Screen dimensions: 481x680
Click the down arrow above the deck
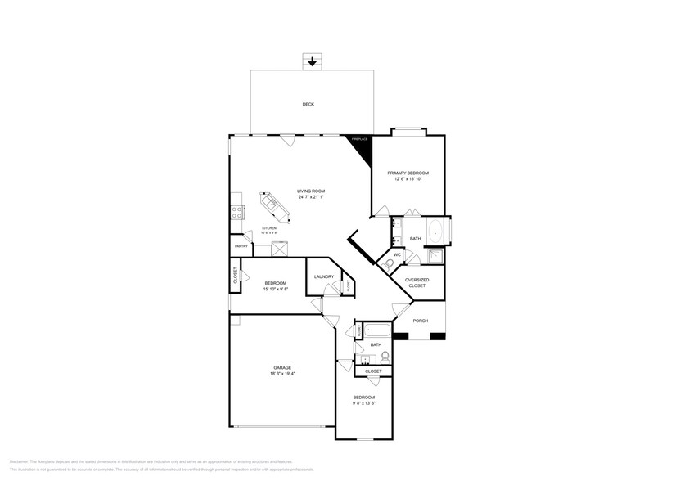(x=311, y=62)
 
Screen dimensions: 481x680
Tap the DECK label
(x=308, y=104)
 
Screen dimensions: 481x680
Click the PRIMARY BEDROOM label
(x=408, y=173)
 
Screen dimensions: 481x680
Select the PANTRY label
(x=241, y=246)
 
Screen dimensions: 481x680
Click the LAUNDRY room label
(x=323, y=276)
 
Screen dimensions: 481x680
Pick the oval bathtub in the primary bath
(x=435, y=232)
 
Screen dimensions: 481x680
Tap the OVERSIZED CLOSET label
(x=417, y=282)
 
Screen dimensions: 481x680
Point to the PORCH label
(x=420, y=321)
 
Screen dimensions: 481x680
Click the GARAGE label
(x=282, y=367)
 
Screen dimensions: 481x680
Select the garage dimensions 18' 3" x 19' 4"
(x=282, y=374)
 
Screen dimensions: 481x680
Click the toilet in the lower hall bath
(x=384, y=357)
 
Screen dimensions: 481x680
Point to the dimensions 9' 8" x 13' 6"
(x=364, y=403)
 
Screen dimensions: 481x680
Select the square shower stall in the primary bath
(x=434, y=257)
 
